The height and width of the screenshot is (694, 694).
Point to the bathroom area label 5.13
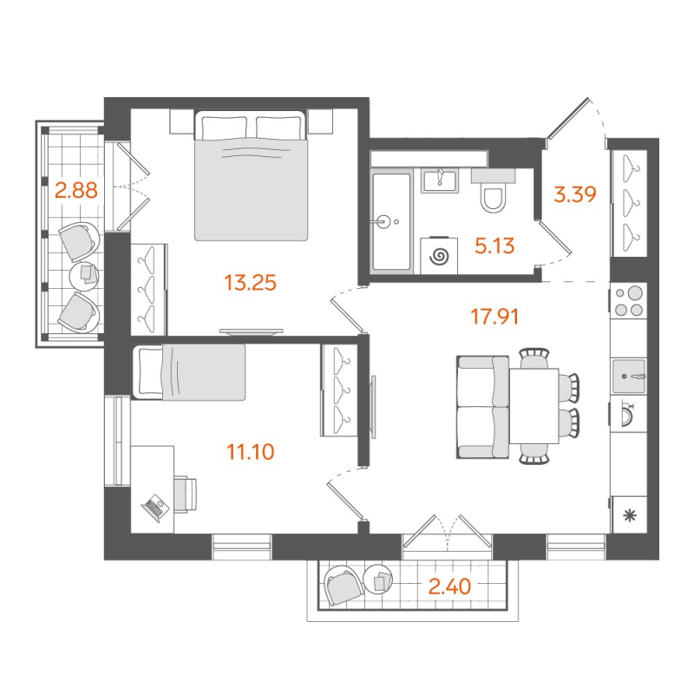tap(494, 246)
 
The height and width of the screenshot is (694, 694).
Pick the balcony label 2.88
tap(75, 189)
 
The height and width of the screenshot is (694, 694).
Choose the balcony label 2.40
tap(449, 586)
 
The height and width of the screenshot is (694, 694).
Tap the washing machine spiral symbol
tap(440, 256)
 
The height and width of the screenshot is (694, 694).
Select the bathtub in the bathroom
tap(393, 222)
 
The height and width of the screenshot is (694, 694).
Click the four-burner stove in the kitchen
tap(629, 300)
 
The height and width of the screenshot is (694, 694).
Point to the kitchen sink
tap(629, 376)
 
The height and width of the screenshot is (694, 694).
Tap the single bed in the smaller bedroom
tap(189, 372)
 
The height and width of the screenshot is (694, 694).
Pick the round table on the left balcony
tap(84, 275)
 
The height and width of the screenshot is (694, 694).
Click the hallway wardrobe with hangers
tap(629, 204)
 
